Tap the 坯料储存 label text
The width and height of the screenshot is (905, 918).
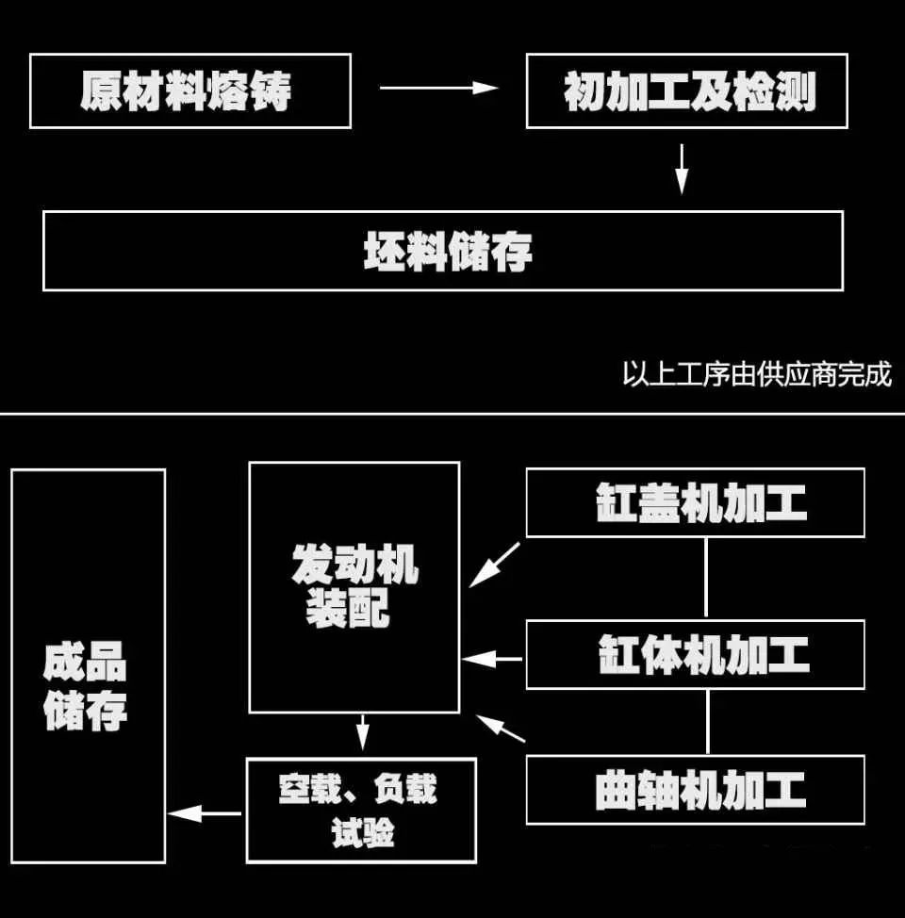[448, 251]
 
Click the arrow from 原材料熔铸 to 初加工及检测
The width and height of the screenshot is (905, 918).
[438, 88]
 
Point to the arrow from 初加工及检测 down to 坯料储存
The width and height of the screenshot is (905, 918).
[682, 170]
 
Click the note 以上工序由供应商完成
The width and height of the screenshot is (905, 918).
[757, 373]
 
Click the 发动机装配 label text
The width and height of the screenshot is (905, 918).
[354, 586]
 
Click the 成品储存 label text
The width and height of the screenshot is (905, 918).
[85, 685]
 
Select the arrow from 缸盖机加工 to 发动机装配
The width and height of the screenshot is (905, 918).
[494, 565]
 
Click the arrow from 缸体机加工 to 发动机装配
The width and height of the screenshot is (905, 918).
[492, 659]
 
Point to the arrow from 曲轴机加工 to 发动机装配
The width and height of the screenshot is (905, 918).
[501, 729]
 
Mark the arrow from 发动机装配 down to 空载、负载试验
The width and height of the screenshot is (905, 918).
[363, 732]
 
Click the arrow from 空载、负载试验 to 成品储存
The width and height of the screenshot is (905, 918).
[205, 813]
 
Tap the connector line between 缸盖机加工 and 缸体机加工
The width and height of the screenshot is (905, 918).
[706, 577]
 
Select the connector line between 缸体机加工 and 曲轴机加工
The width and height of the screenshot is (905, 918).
[708, 722]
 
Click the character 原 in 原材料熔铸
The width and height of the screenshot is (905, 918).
[101, 90]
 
